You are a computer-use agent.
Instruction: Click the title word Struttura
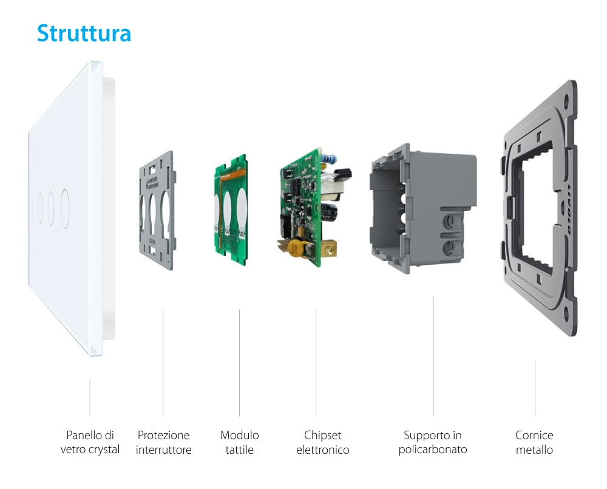point(84,33)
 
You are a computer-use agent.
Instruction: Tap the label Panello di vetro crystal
point(90,443)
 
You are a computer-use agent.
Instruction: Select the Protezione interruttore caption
point(163,443)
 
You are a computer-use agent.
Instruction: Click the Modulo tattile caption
point(239,443)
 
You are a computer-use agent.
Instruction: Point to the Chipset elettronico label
point(322,443)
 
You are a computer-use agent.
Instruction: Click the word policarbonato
point(432,450)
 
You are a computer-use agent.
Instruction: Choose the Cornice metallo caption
point(534,443)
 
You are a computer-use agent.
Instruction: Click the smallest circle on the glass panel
point(40,208)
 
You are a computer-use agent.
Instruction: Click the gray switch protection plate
point(156,210)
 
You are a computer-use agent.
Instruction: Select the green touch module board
point(231,210)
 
